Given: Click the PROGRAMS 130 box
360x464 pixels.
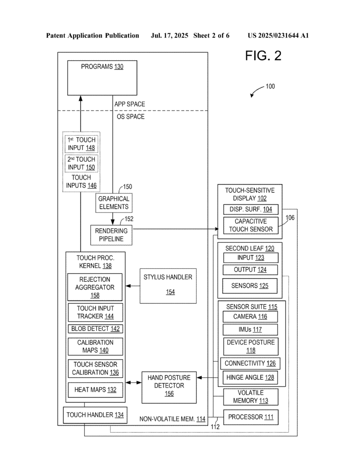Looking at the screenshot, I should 102,77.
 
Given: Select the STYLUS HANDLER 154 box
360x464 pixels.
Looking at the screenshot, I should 168,285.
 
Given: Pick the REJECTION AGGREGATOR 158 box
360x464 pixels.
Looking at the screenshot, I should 95,287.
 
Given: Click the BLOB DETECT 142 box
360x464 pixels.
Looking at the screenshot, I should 95,329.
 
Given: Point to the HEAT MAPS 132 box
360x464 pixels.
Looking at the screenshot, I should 95,389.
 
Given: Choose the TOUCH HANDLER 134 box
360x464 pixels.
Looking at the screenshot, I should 95,415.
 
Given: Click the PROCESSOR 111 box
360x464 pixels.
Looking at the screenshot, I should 251,417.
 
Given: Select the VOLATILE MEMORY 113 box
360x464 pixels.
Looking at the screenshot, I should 251,396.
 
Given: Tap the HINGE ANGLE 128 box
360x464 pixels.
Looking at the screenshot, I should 250,377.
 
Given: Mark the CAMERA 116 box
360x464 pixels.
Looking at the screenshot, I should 250,316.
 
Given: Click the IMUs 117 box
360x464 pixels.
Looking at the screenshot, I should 250,329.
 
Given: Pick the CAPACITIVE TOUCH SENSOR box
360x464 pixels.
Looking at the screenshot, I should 250,225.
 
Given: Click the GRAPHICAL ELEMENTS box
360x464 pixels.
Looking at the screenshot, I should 113,203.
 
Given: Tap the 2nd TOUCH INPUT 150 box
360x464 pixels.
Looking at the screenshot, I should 80,163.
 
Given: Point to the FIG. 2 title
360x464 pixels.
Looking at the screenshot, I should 263,56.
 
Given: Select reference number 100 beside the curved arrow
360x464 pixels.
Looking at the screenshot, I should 270,87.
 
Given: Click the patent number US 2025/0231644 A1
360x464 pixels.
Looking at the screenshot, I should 278,35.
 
